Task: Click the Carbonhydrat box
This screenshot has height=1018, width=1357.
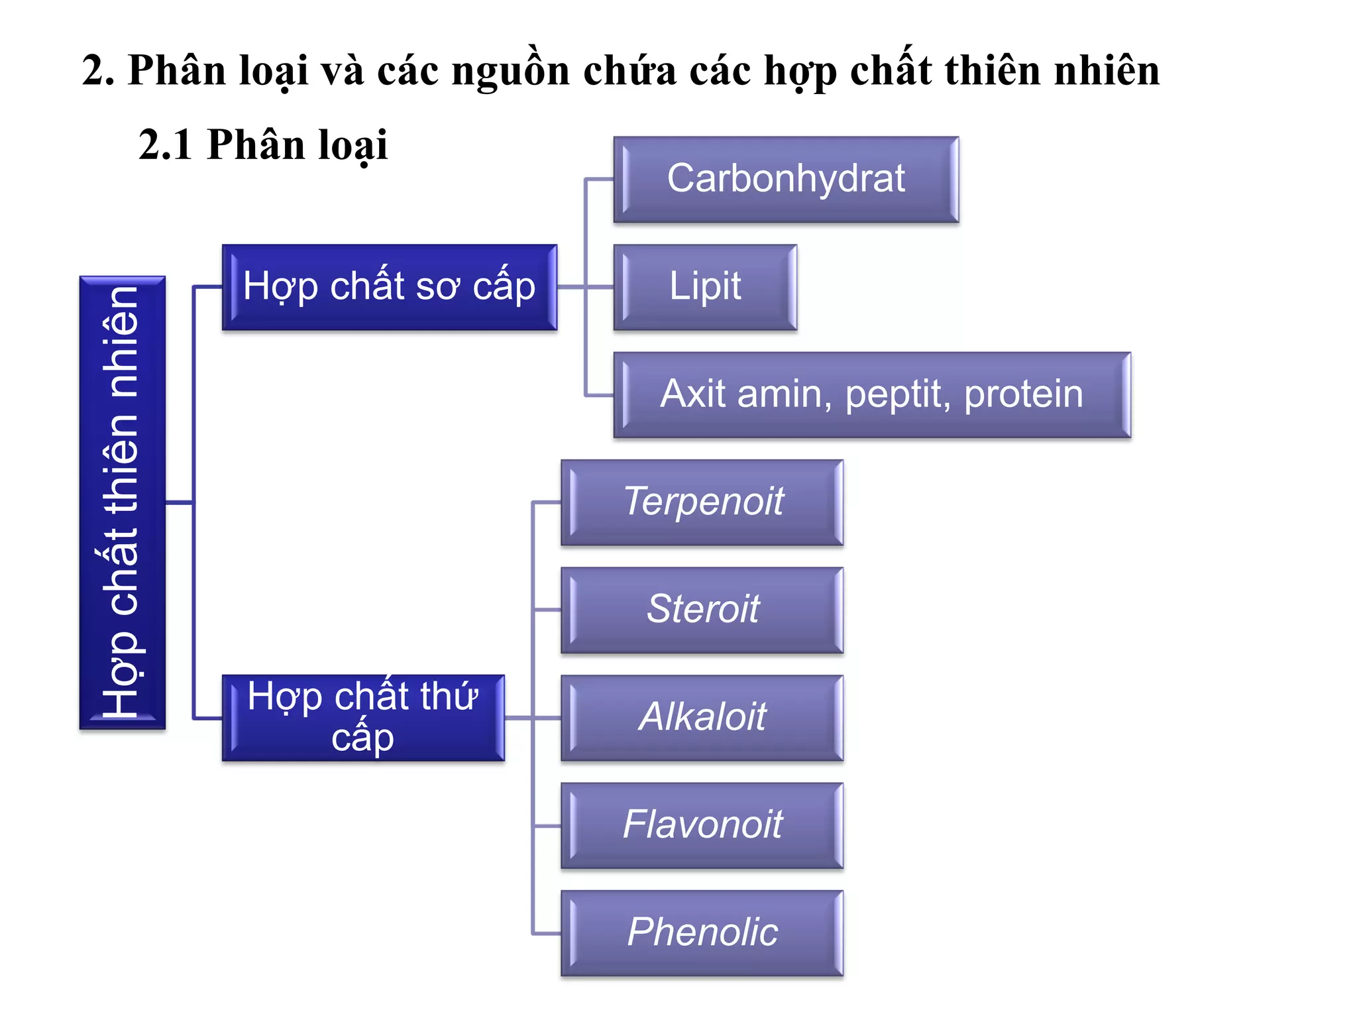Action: click(x=786, y=179)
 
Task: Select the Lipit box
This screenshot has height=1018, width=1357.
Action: click(x=705, y=287)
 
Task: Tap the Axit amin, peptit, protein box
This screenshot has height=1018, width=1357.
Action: click(x=872, y=395)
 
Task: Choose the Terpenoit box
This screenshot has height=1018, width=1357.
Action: click(x=702, y=502)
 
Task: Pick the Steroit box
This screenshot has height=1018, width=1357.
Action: click(x=702, y=610)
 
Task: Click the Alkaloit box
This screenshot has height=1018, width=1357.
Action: click(x=702, y=718)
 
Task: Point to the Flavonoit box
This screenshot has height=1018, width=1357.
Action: click(x=702, y=825)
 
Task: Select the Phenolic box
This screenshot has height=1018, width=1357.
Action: click(x=702, y=933)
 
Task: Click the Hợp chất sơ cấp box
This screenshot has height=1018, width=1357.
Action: click(x=390, y=287)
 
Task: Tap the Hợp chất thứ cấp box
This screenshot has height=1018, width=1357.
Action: click(x=363, y=718)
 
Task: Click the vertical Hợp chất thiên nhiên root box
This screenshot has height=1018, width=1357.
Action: click(x=123, y=502)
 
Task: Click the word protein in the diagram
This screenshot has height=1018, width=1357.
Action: click(x=1023, y=395)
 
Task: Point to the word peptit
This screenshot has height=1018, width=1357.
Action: click(x=893, y=395)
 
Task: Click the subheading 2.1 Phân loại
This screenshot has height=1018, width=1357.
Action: click(x=262, y=144)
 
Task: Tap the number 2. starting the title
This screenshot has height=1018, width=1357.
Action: click(x=98, y=70)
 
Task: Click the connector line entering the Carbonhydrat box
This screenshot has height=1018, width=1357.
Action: click(x=600, y=179)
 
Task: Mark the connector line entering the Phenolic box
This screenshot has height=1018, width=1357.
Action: click(x=547, y=933)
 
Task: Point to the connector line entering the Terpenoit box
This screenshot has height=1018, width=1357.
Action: click(x=547, y=502)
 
